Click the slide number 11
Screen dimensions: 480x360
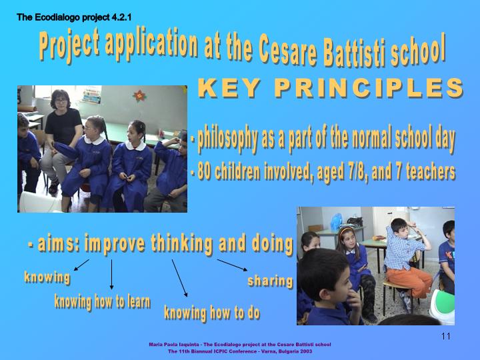pyautogui.click(x=446, y=336)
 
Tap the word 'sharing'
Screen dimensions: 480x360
pyautogui.click(x=270, y=281)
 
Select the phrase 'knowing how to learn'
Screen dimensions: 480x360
pyautogui.click(x=102, y=302)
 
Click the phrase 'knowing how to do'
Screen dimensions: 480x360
pyautogui.click(x=212, y=313)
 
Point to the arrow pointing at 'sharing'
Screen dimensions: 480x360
pyautogui.click(x=232, y=265)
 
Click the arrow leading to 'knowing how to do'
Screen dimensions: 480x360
pyautogui.click(x=179, y=278)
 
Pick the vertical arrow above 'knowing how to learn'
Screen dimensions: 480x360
pyautogui.click(x=111, y=274)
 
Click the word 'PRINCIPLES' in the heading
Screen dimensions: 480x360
pyautogui.click(x=369, y=88)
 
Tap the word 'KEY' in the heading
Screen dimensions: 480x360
pyautogui.click(x=229, y=88)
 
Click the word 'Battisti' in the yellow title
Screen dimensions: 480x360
pyautogui.click(x=355, y=51)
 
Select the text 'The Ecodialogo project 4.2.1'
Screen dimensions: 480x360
pyautogui.click(x=74, y=17)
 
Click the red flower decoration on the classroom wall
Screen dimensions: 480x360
pyautogui.click(x=139, y=96)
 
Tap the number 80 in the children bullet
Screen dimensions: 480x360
pyautogui.click(x=203, y=172)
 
